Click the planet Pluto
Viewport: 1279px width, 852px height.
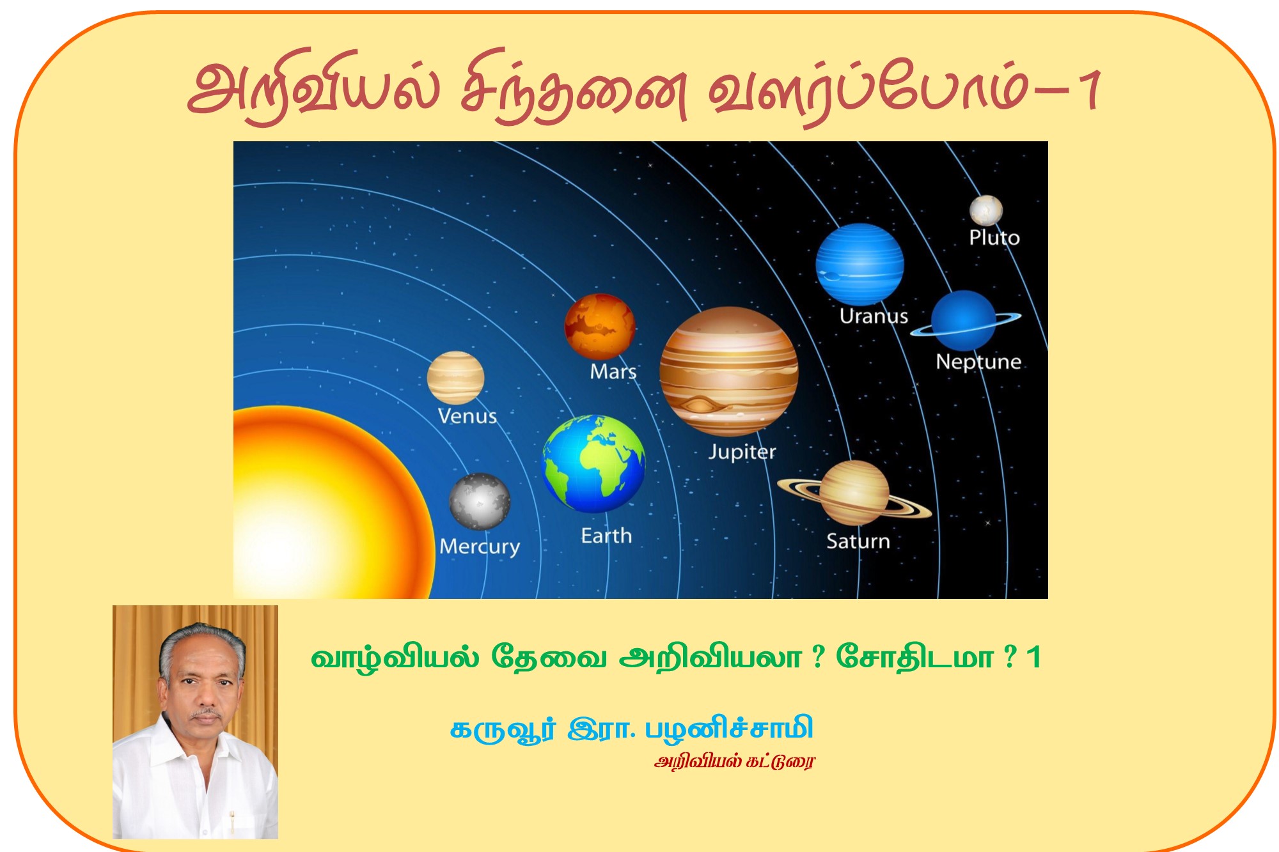coord(985,210)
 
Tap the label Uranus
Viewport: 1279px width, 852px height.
coord(874,316)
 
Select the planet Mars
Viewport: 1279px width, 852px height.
coord(599,326)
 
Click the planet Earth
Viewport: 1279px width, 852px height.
coord(593,463)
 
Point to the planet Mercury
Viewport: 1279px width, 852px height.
coord(480,501)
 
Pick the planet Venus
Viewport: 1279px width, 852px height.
coord(455,377)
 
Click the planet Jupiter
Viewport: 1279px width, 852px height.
coord(728,371)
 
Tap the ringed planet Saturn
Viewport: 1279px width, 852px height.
coord(854,492)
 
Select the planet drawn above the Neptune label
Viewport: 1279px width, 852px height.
coord(963,320)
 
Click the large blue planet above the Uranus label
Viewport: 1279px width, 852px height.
coord(859,264)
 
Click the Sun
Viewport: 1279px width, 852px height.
coord(320,511)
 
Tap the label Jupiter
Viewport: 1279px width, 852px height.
coord(742,452)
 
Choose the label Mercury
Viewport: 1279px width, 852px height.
coord(480,546)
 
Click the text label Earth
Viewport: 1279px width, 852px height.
coord(606,536)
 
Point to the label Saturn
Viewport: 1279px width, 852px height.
coord(858,541)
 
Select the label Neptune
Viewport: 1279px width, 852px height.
coord(978,362)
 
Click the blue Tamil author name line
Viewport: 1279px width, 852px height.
coord(631,729)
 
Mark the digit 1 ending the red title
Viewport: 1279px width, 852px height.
coord(1090,89)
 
